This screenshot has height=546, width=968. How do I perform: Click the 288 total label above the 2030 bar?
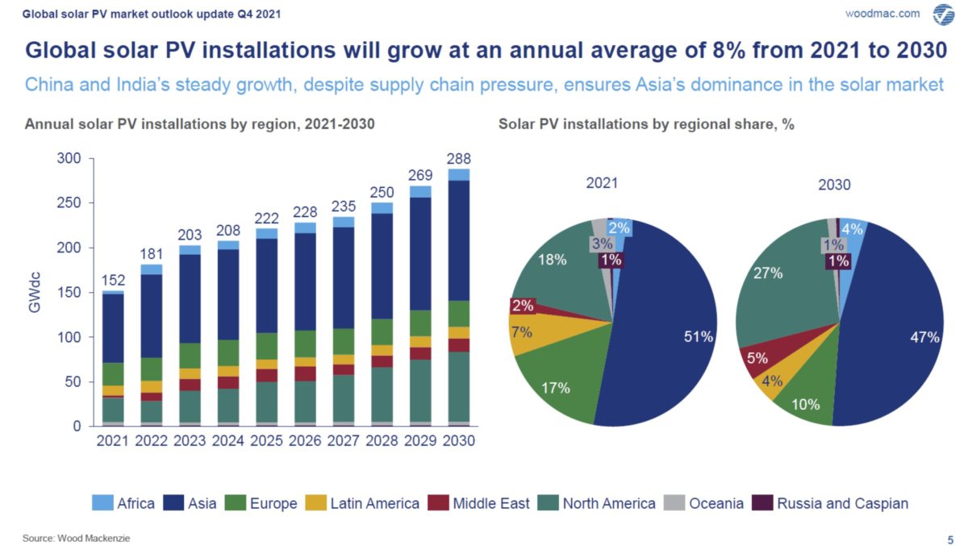(458, 159)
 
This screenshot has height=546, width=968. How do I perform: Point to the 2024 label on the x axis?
(230, 442)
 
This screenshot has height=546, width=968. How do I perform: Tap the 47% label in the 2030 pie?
(924, 337)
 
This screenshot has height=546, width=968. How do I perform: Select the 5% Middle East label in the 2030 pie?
(757, 359)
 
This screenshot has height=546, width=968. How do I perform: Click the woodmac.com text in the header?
(882, 14)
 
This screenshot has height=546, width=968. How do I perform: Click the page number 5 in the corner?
(949, 538)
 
